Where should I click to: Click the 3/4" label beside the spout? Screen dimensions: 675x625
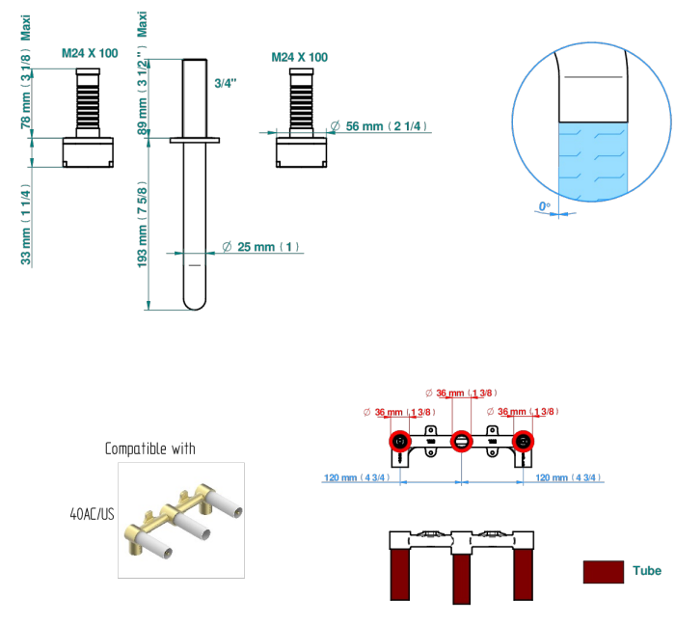(x=226, y=83)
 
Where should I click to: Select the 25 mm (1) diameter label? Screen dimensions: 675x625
(x=261, y=247)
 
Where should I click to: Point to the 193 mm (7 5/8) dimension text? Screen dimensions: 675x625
(x=142, y=227)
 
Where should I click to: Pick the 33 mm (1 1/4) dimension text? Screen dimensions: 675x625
(x=26, y=225)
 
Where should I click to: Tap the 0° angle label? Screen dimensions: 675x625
(x=545, y=206)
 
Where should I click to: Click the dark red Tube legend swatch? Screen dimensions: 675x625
(x=603, y=572)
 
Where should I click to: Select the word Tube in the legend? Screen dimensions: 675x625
(x=647, y=571)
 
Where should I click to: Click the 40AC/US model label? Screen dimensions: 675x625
(x=93, y=514)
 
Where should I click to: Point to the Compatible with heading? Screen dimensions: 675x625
(x=150, y=448)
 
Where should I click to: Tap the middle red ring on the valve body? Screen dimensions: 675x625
(x=462, y=441)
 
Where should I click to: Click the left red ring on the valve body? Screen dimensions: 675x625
(x=400, y=441)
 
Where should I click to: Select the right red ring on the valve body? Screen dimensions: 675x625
(x=523, y=441)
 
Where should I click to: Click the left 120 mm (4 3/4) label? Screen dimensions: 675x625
(x=357, y=477)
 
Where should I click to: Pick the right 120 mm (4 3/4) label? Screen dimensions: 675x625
(x=568, y=477)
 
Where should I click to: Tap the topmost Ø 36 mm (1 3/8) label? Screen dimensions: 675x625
(x=461, y=393)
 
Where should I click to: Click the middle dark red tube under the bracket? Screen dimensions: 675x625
(x=462, y=579)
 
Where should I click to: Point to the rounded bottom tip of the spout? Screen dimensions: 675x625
(x=195, y=309)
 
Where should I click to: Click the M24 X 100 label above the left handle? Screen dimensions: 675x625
(x=90, y=53)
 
